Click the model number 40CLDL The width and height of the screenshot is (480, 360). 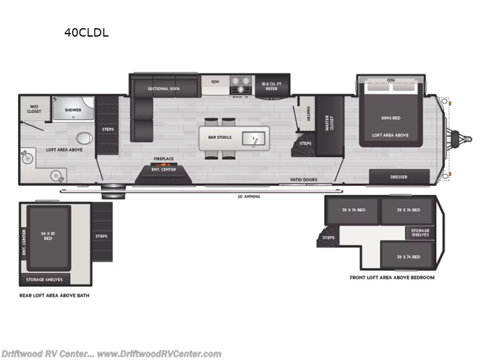click(86, 33)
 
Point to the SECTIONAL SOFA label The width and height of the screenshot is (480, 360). click(164, 88)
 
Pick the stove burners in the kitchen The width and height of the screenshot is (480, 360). click(241, 86)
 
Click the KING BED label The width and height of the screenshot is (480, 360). click(390, 118)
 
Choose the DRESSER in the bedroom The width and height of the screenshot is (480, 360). click(399, 177)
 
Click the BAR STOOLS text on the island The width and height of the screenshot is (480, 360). click(216, 137)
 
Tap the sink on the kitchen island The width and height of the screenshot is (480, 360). click(255, 139)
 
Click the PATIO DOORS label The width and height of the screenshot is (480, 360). click(304, 179)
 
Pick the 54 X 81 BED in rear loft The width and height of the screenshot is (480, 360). click(48, 236)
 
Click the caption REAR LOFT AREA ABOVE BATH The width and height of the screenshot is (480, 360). click(55, 295)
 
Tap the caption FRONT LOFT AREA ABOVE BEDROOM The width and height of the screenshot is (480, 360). click(392, 278)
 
